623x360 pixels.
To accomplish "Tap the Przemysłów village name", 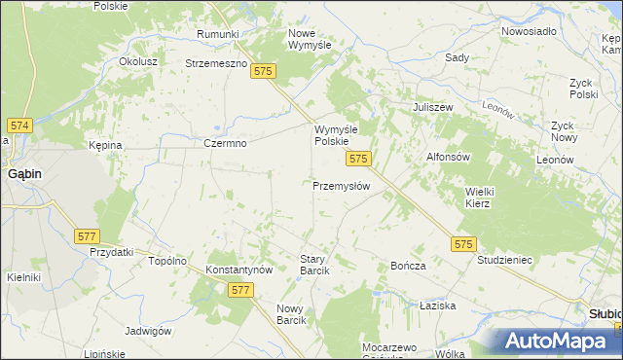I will (x=341, y=186).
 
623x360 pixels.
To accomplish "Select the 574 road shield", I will (x=20, y=126).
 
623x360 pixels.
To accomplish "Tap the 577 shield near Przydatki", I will (x=87, y=236).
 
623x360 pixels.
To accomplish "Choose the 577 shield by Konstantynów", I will (x=241, y=290).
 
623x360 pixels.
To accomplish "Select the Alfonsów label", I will (x=449, y=157).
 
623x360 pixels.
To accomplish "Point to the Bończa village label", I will (x=408, y=266).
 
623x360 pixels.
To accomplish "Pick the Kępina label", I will (x=105, y=145).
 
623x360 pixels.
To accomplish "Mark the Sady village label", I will (x=457, y=57).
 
